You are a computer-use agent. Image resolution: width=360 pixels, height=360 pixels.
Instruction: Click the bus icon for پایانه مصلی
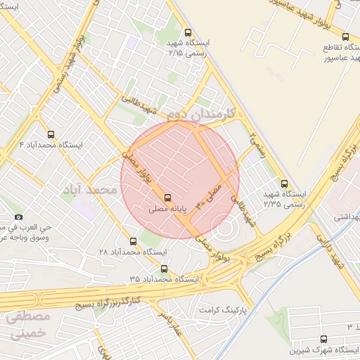coord(167,198)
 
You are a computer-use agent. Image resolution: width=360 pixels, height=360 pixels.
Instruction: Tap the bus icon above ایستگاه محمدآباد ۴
coord(50,134)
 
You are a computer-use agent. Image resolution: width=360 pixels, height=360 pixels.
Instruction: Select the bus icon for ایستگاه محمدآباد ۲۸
coord(133,241)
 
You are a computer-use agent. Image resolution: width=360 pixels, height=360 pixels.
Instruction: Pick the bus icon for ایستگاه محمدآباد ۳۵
coord(164,269)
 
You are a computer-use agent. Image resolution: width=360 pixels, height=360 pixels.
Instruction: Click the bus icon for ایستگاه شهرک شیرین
coord(323,339)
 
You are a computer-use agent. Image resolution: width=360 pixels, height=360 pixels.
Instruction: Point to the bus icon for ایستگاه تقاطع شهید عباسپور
coord(345,37)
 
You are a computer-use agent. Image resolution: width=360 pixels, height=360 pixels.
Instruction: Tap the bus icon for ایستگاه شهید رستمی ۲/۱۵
coord(187,32)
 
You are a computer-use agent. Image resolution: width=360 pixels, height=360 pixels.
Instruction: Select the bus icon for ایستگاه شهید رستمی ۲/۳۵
coord(283,181)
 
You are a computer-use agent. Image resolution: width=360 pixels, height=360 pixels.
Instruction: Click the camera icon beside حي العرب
coord(18,217)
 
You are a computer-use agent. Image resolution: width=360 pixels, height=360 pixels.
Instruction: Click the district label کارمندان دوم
coord(204,113)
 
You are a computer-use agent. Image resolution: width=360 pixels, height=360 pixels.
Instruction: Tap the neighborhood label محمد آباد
coord(87,191)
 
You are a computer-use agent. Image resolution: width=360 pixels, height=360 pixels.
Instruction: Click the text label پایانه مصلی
coord(168,210)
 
